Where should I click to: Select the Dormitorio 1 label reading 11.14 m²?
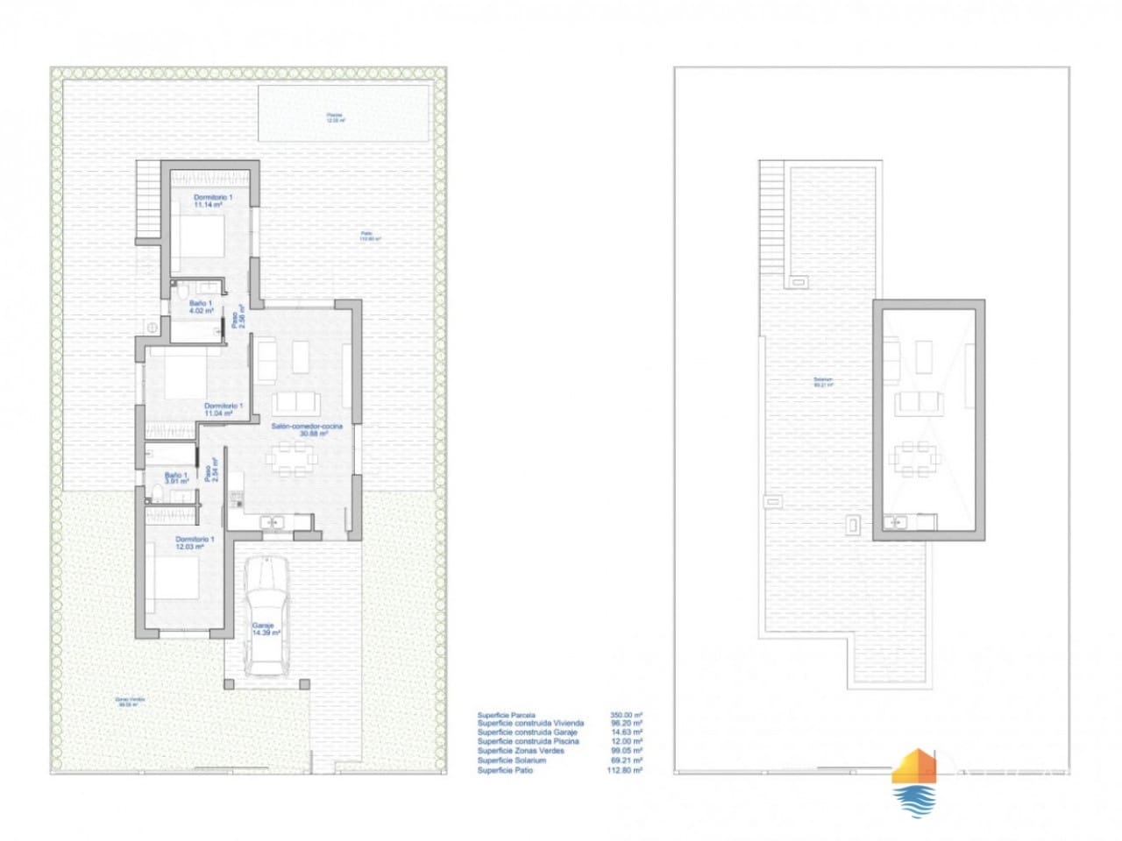click(213, 201)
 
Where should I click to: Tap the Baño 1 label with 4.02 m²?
click(202, 307)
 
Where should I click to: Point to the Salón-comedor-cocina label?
click(306, 429)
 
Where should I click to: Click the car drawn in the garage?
click(266, 617)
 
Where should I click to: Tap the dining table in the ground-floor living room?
click(293, 457)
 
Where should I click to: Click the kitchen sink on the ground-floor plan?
click(275, 523)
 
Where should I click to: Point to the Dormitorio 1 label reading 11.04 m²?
click(223, 410)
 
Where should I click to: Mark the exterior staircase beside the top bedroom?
click(150, 201)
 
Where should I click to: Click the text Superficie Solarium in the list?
click(512, 760)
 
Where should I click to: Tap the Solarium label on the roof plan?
click(823, 382)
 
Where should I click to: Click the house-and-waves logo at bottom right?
click(913, 782)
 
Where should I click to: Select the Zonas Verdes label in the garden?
click(131, 701)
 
